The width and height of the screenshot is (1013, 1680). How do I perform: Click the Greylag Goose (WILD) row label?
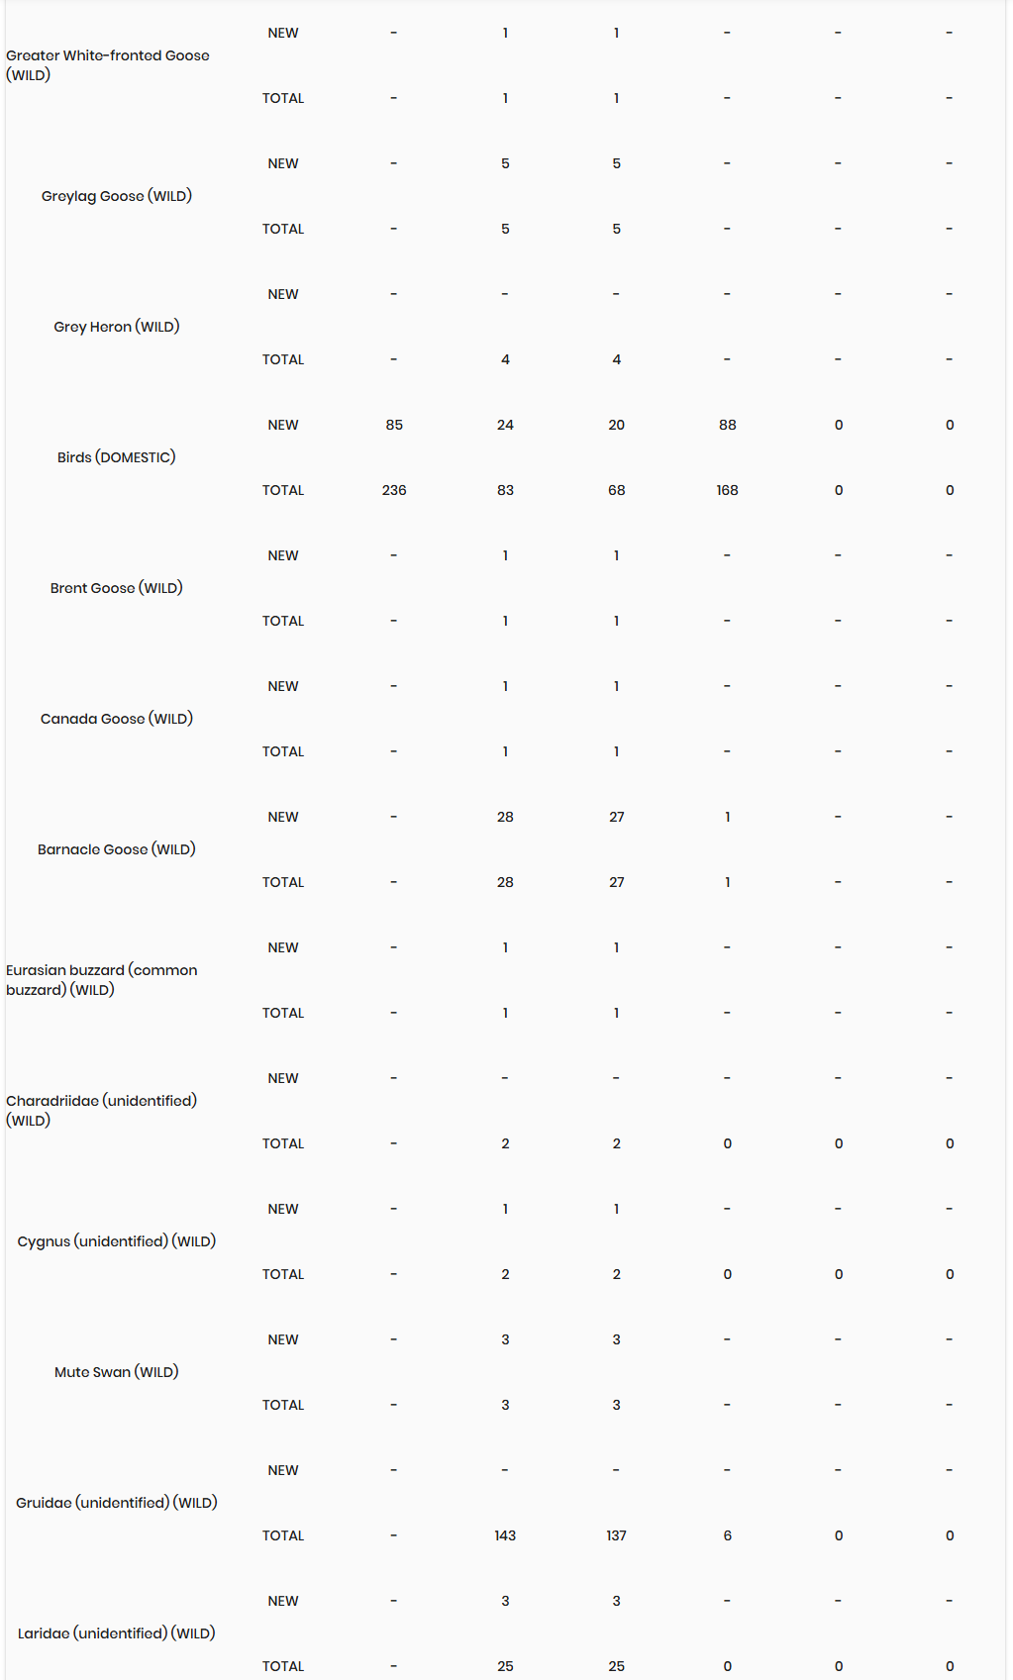117,196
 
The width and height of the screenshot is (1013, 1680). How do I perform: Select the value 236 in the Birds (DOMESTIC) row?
394,490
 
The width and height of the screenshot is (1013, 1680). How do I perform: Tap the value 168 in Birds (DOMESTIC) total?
728,490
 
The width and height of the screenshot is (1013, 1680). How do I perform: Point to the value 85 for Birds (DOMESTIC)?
394,425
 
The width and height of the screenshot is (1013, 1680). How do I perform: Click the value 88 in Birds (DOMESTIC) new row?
728,425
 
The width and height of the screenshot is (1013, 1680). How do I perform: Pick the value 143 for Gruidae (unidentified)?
505,1535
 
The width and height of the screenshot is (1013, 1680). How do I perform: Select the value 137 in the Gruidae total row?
616,1535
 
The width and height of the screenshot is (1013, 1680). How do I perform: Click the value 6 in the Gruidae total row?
728,1535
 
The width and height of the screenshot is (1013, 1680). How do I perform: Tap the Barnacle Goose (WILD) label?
117,849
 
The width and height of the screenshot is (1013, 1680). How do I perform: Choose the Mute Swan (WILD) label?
117,1372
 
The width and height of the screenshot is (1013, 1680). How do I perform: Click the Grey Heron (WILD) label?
117,327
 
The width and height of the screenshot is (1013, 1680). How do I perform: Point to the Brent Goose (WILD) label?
117,588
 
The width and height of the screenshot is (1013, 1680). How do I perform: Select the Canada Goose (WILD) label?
117,719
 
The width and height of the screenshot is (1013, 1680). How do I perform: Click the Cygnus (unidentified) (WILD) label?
117,1241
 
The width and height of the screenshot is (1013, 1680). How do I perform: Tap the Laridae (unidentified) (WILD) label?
117,1633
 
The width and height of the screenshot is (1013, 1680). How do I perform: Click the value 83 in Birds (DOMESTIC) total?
505,490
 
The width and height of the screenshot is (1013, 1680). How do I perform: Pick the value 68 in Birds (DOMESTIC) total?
616,490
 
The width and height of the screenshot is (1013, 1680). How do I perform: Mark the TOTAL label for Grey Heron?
283,359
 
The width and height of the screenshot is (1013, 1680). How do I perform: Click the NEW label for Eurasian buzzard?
283,947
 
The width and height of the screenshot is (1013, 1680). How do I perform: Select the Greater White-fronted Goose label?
107,65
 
